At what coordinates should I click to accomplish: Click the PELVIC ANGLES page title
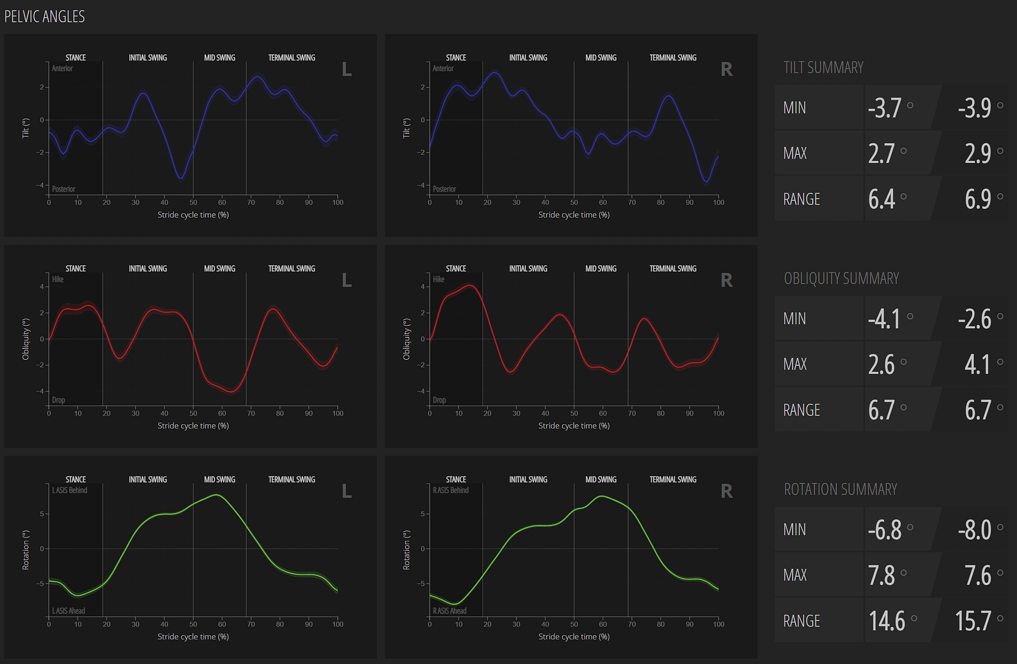click(44, 17)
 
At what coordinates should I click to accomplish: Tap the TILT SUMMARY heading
click(823, 68)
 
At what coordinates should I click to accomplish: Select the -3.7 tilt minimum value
click(884, 108)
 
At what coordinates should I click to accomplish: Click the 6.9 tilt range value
click(978, 199)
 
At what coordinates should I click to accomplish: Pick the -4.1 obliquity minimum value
click(884, 319)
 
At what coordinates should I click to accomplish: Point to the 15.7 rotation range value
click(973, 621)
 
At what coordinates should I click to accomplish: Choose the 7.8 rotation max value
click(881, 575)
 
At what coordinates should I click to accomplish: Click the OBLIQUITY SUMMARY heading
click(841, 279)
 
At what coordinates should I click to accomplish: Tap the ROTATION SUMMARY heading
click(840, 489)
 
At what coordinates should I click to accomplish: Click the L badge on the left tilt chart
click(347, 70)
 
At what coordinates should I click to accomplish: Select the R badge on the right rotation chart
click(726, 492)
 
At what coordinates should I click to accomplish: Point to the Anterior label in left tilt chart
click(62, 69)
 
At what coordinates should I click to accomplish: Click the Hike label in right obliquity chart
click(438, 280)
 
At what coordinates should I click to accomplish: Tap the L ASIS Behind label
click(69, 491)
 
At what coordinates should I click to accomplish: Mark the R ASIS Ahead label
click(449, 611)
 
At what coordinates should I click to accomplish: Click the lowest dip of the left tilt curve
click(181, 178)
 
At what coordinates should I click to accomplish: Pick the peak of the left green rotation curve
click(216, 494)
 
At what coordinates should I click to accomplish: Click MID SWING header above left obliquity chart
click(220, 269)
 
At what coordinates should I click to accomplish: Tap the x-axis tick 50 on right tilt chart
click(574, 202)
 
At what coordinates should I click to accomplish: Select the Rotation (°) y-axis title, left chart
click(26, 550)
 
